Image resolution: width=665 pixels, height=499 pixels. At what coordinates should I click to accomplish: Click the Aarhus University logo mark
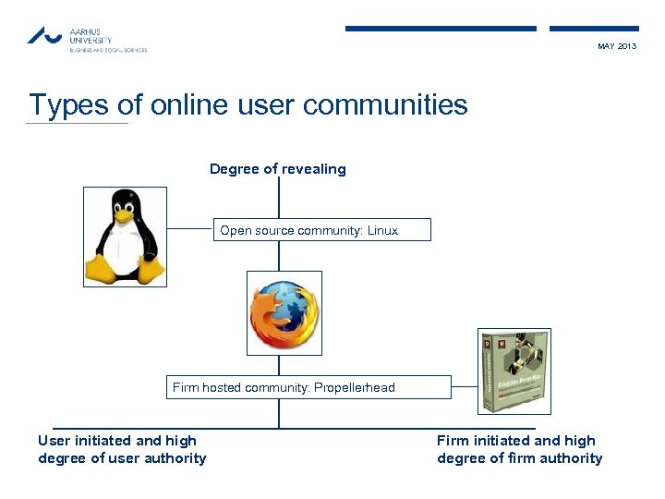tap(44, 35)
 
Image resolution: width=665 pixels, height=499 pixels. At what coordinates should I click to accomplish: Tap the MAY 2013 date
tap(617, 46)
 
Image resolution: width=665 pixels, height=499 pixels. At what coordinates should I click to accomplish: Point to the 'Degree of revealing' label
tap(277, 169)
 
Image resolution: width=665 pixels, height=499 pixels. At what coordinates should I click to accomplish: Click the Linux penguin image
tap(126, 236)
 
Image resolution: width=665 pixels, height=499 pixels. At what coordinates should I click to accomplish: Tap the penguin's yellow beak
tap(125, 213)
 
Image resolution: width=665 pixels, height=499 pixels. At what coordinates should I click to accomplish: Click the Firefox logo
tap(284, 313)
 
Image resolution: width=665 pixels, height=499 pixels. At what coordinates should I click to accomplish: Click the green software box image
tap(514, 371)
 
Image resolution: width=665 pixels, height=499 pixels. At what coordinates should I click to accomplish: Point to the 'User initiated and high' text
tap(117, 441)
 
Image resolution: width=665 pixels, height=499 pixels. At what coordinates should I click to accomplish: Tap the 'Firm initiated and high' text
tap(516, 441)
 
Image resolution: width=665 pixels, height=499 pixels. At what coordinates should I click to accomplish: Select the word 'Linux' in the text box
tap(382, 230)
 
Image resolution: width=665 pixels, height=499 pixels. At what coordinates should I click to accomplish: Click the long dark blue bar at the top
tap(441, 29)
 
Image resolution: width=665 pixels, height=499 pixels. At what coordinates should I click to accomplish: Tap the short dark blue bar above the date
tap(594, 29)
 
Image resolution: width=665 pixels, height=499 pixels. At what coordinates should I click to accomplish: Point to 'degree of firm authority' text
tap(519, 458)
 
